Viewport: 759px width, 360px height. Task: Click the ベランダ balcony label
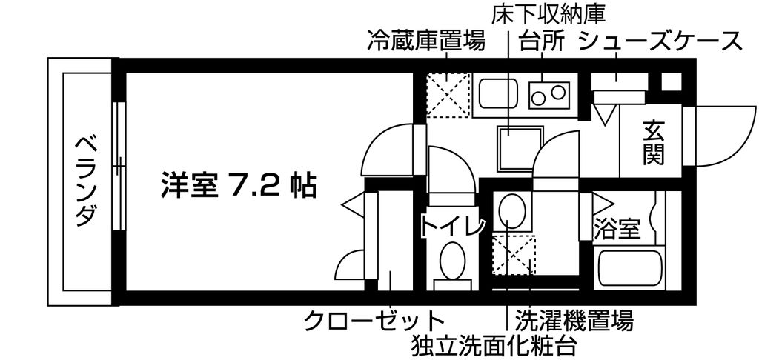coord(86,182)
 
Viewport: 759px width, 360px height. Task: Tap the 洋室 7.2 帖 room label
coord(239,185)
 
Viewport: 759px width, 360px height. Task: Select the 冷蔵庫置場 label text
coord(425,42)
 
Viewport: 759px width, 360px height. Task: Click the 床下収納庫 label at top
coord(548,16)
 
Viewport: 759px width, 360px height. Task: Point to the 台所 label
coord(542,42)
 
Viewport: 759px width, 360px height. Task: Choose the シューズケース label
coord(660,42)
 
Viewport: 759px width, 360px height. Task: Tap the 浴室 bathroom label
coord(617,230)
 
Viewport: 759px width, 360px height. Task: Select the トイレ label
coord(452,227)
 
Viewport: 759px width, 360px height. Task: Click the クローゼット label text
coord(374,320)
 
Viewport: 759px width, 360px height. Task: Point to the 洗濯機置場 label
coord(574,320)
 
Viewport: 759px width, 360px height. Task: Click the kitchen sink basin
coord(499,94)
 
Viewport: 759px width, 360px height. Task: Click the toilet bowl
coord(452,260)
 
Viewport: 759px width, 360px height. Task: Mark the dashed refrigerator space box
coord(448,96)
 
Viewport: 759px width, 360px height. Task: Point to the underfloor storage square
coord(520,149)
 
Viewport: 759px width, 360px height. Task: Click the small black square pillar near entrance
coord(671,81)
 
